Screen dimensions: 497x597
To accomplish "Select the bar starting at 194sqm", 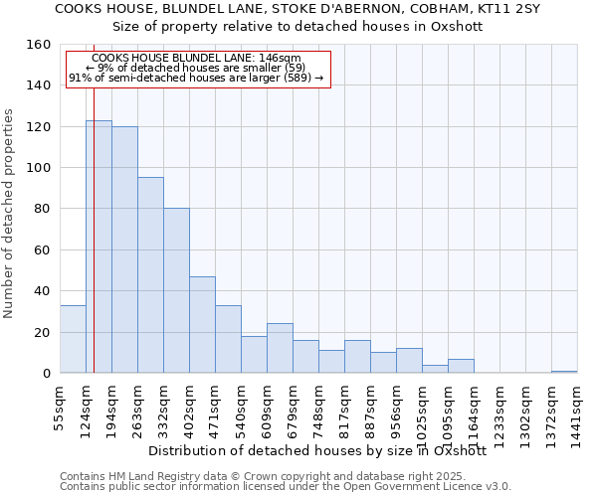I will click(124, 249).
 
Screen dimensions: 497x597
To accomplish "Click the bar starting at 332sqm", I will click(176, 290).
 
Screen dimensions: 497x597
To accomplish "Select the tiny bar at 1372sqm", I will click(564, 371).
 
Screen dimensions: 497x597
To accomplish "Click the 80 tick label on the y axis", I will click(43, 210).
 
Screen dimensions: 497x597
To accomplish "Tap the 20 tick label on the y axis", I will click(43, 333).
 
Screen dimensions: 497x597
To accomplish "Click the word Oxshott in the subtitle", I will click(458, 26).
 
